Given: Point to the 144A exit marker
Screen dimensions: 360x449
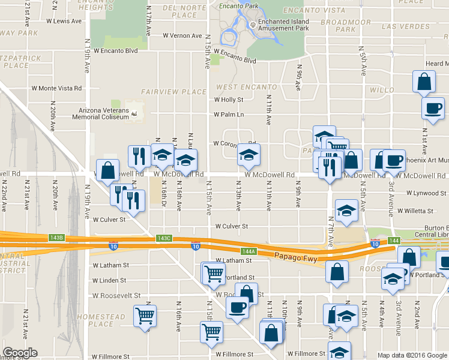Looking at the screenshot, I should (249, 251).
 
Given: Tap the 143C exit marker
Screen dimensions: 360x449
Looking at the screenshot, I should (164, 238).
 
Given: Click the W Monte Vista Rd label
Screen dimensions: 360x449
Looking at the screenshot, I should (56, 88).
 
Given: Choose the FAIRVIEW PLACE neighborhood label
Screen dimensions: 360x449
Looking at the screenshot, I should (173, 92).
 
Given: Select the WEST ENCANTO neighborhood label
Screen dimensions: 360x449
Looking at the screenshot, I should (238, 88).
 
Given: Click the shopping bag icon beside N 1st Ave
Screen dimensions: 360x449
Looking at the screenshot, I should (424, 82).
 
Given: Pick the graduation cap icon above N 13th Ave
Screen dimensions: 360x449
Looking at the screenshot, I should (247, 154).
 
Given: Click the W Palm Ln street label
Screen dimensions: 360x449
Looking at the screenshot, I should (229, 115).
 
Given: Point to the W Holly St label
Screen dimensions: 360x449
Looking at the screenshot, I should (228, 100).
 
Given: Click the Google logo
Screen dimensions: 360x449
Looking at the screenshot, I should (20, 353).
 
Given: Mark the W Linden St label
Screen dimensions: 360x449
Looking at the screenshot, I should (109, 280).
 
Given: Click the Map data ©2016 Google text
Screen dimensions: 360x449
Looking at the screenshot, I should (412, 355).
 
